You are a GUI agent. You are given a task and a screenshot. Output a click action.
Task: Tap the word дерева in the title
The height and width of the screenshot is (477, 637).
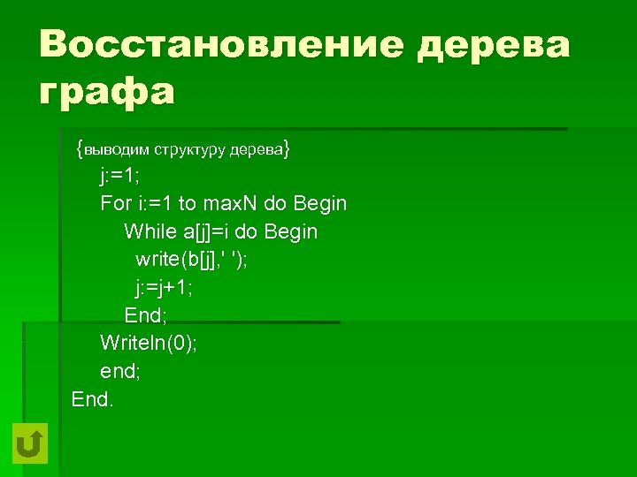coord(495,44)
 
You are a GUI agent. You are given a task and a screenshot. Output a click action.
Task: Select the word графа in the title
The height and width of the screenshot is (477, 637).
coord(106,91)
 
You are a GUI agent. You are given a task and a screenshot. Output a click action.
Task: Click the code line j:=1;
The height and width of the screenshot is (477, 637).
coord(120,176)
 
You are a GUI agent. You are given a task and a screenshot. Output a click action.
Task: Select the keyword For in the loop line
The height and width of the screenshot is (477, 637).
coord(115,204)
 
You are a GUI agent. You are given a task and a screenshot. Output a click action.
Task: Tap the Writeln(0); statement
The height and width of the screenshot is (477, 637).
coord(149,343)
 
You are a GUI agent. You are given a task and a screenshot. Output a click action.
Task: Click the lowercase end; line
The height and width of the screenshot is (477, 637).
coord(120,371)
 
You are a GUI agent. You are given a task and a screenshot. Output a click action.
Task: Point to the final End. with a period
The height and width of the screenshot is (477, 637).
coord(93,398)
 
